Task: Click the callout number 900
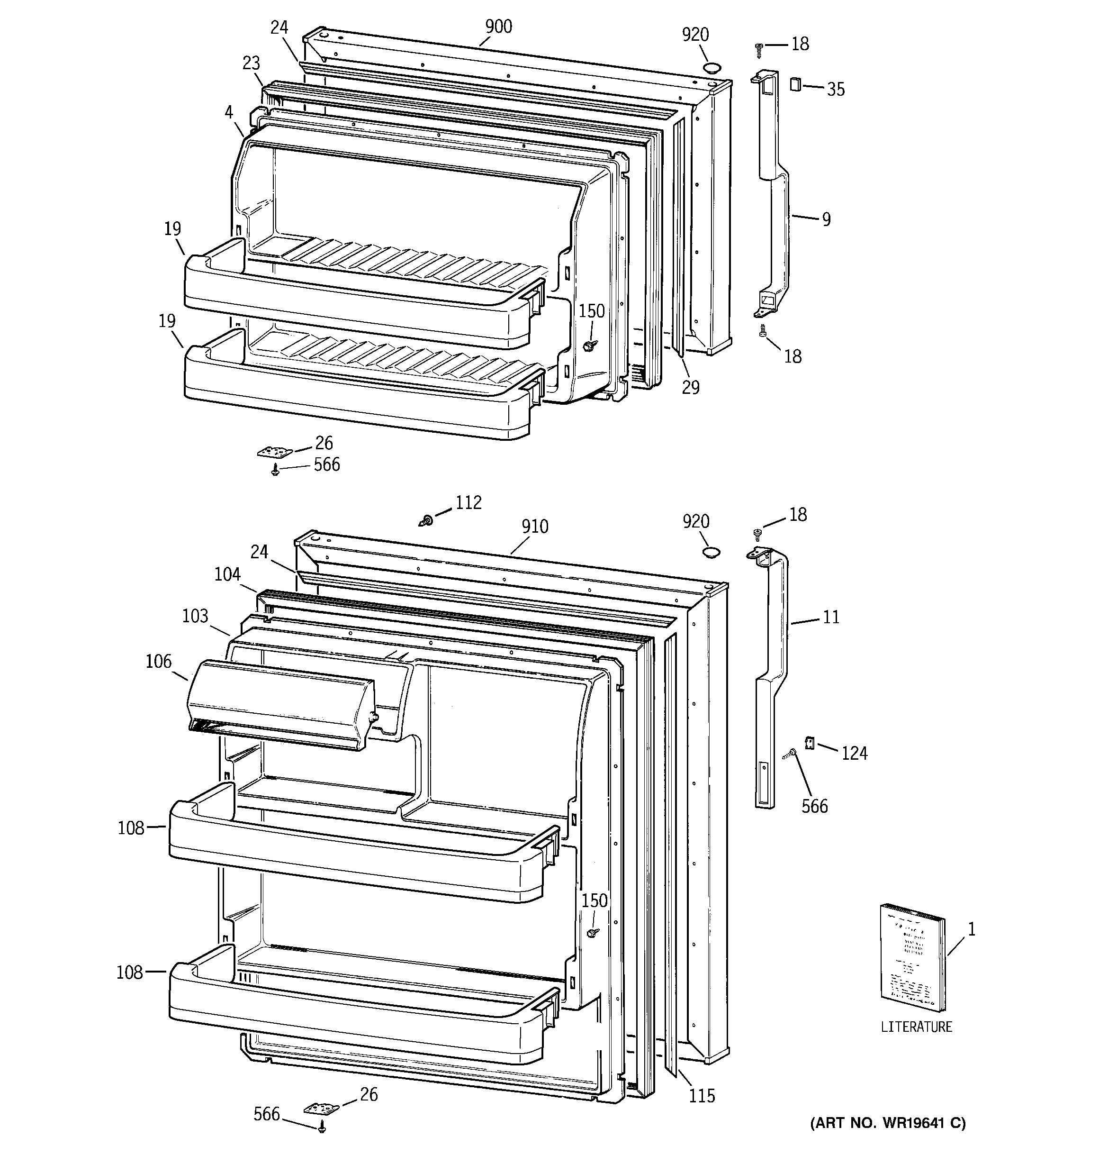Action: click(498, 27)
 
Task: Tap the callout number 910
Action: click(534, 527)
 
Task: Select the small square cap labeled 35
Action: click(794, 84)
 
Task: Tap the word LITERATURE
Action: click(916, 1027)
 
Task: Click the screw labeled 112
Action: click(426, 521)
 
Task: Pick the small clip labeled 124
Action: click(810, 743)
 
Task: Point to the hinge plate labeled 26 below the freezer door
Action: click(274, 453)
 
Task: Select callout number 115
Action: click(702, 1096)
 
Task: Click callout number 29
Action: click(690, 387)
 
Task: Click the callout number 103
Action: click(195, 616)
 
